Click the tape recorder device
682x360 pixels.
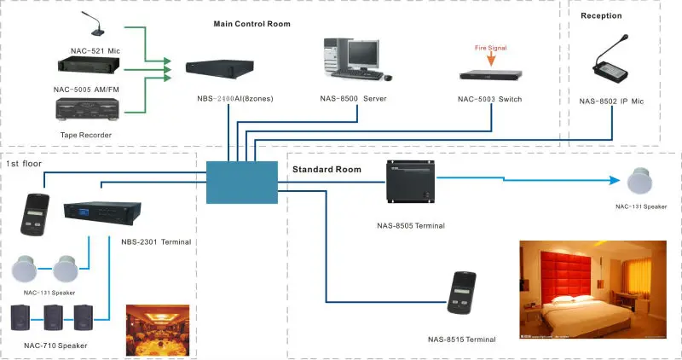pos(84,109)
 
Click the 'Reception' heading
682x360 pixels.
pos(602,16)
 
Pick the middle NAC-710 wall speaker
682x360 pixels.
pos(54,317)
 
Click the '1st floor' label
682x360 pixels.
pos(24,161)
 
